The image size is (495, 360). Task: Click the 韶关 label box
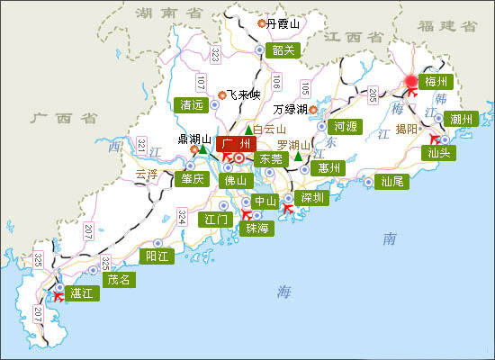[283, 50]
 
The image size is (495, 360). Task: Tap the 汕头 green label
[440, 153]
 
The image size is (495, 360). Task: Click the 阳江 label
[158, 256]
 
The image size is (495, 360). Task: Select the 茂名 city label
[118, 279]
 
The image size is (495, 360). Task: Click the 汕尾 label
[392, 181]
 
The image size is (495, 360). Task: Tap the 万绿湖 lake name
[291, 109]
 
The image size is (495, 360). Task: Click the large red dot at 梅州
[411, 82]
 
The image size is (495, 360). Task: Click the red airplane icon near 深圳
[288, 209]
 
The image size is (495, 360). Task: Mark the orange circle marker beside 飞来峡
[221, 94]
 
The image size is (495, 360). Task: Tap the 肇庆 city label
[193, 178]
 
